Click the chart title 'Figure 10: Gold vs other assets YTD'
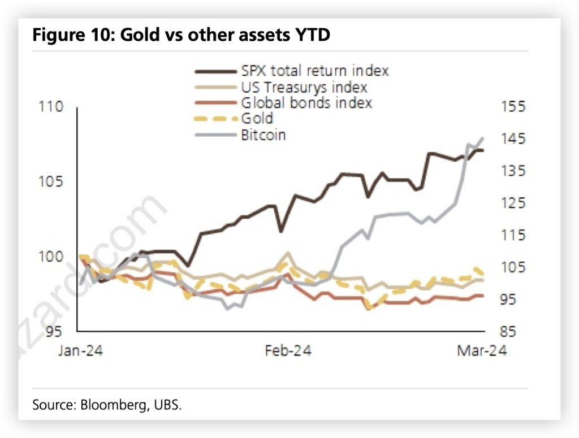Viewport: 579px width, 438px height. pyautogui.click(x=181, y=35)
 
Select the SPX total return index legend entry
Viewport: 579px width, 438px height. pyautogui.click(x=315, y=71)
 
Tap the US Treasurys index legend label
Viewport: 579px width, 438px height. pyautogui.click(x=304, y=88)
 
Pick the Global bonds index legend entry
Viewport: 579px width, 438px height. pyautogui.click(x=306, y=103)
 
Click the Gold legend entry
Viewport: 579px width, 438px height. pyautogui.click(x=257, y=119)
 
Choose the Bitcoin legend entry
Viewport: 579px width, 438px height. pyautogui.click(x=263, y=135)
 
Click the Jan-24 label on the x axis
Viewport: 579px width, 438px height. pyautogui.click(x=81, y=351)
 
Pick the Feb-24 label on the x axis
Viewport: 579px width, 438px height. pyautogui.click(x=288, y=351)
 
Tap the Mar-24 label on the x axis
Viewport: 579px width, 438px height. pyautogui.click(x=482, y=351)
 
